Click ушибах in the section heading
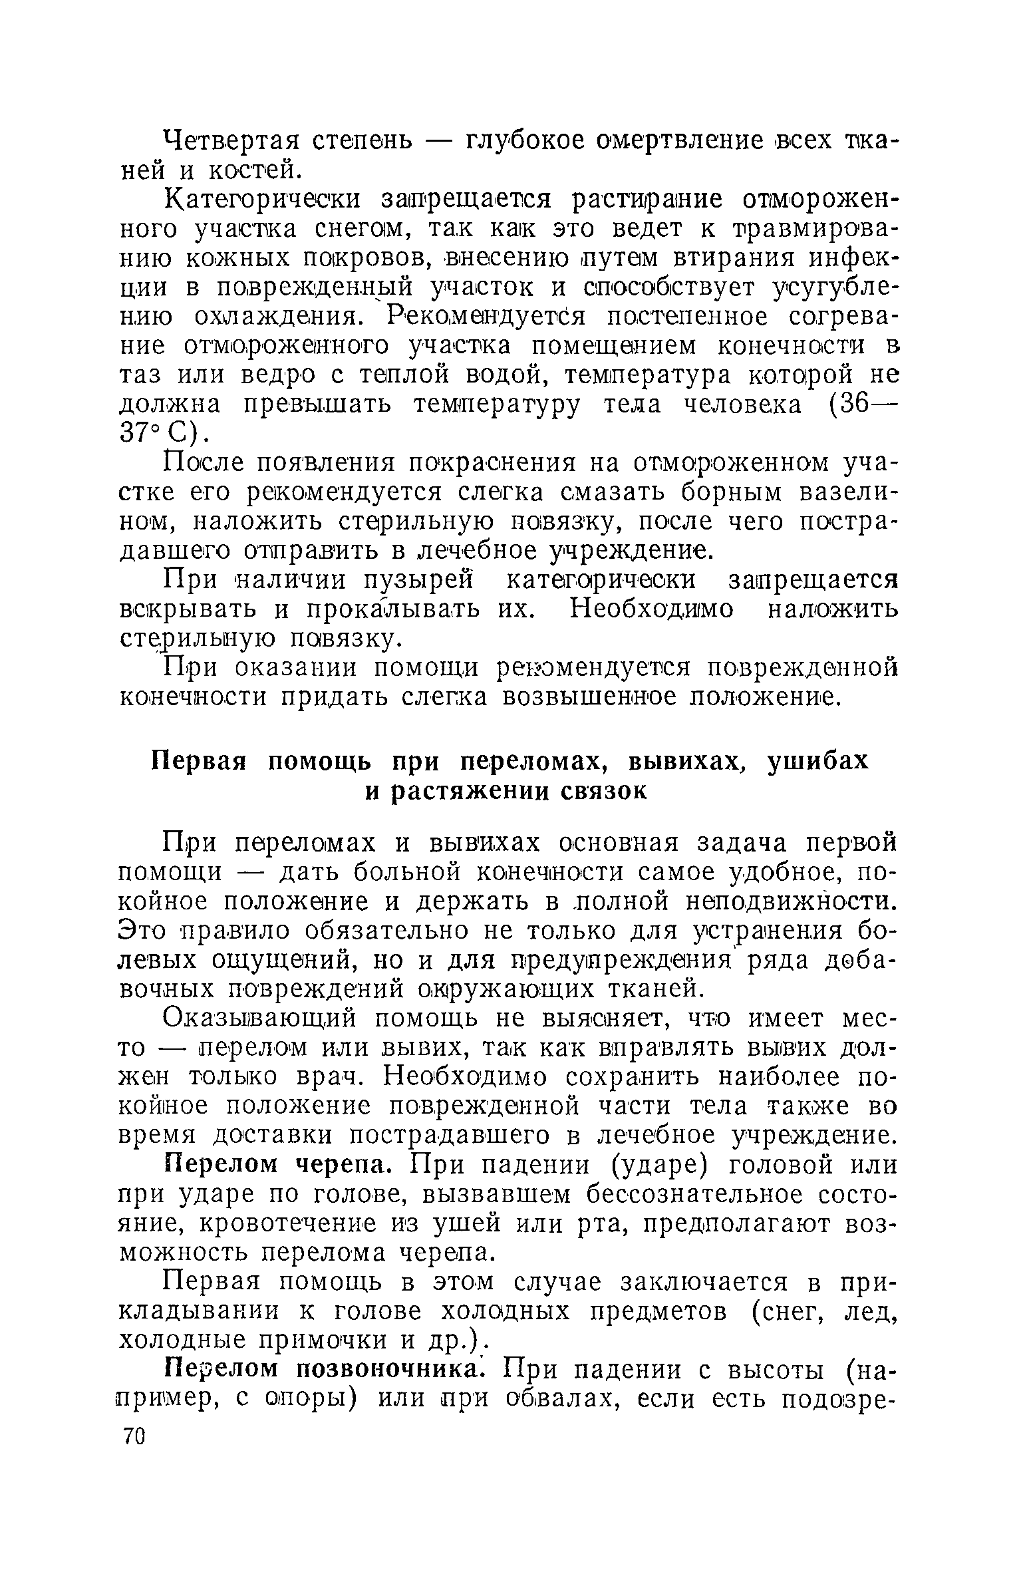click(817, 760)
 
